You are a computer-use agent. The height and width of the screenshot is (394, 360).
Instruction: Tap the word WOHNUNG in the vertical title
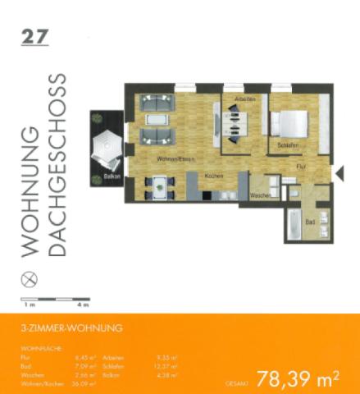31,190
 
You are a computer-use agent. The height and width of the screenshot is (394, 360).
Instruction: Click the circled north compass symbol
32,279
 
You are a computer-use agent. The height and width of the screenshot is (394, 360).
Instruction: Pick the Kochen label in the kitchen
214,176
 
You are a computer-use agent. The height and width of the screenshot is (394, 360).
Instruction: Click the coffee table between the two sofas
155,120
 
